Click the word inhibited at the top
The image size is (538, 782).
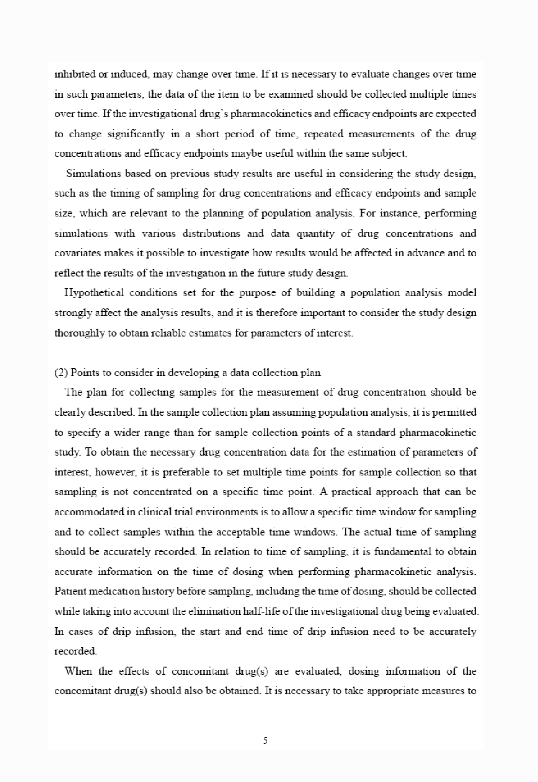pyautogui.click(x=69, y=74)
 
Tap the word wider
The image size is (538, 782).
pyautogui.click(x=126, y=433)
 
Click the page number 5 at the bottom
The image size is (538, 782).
pyautogui.click(x=265, y=741)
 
